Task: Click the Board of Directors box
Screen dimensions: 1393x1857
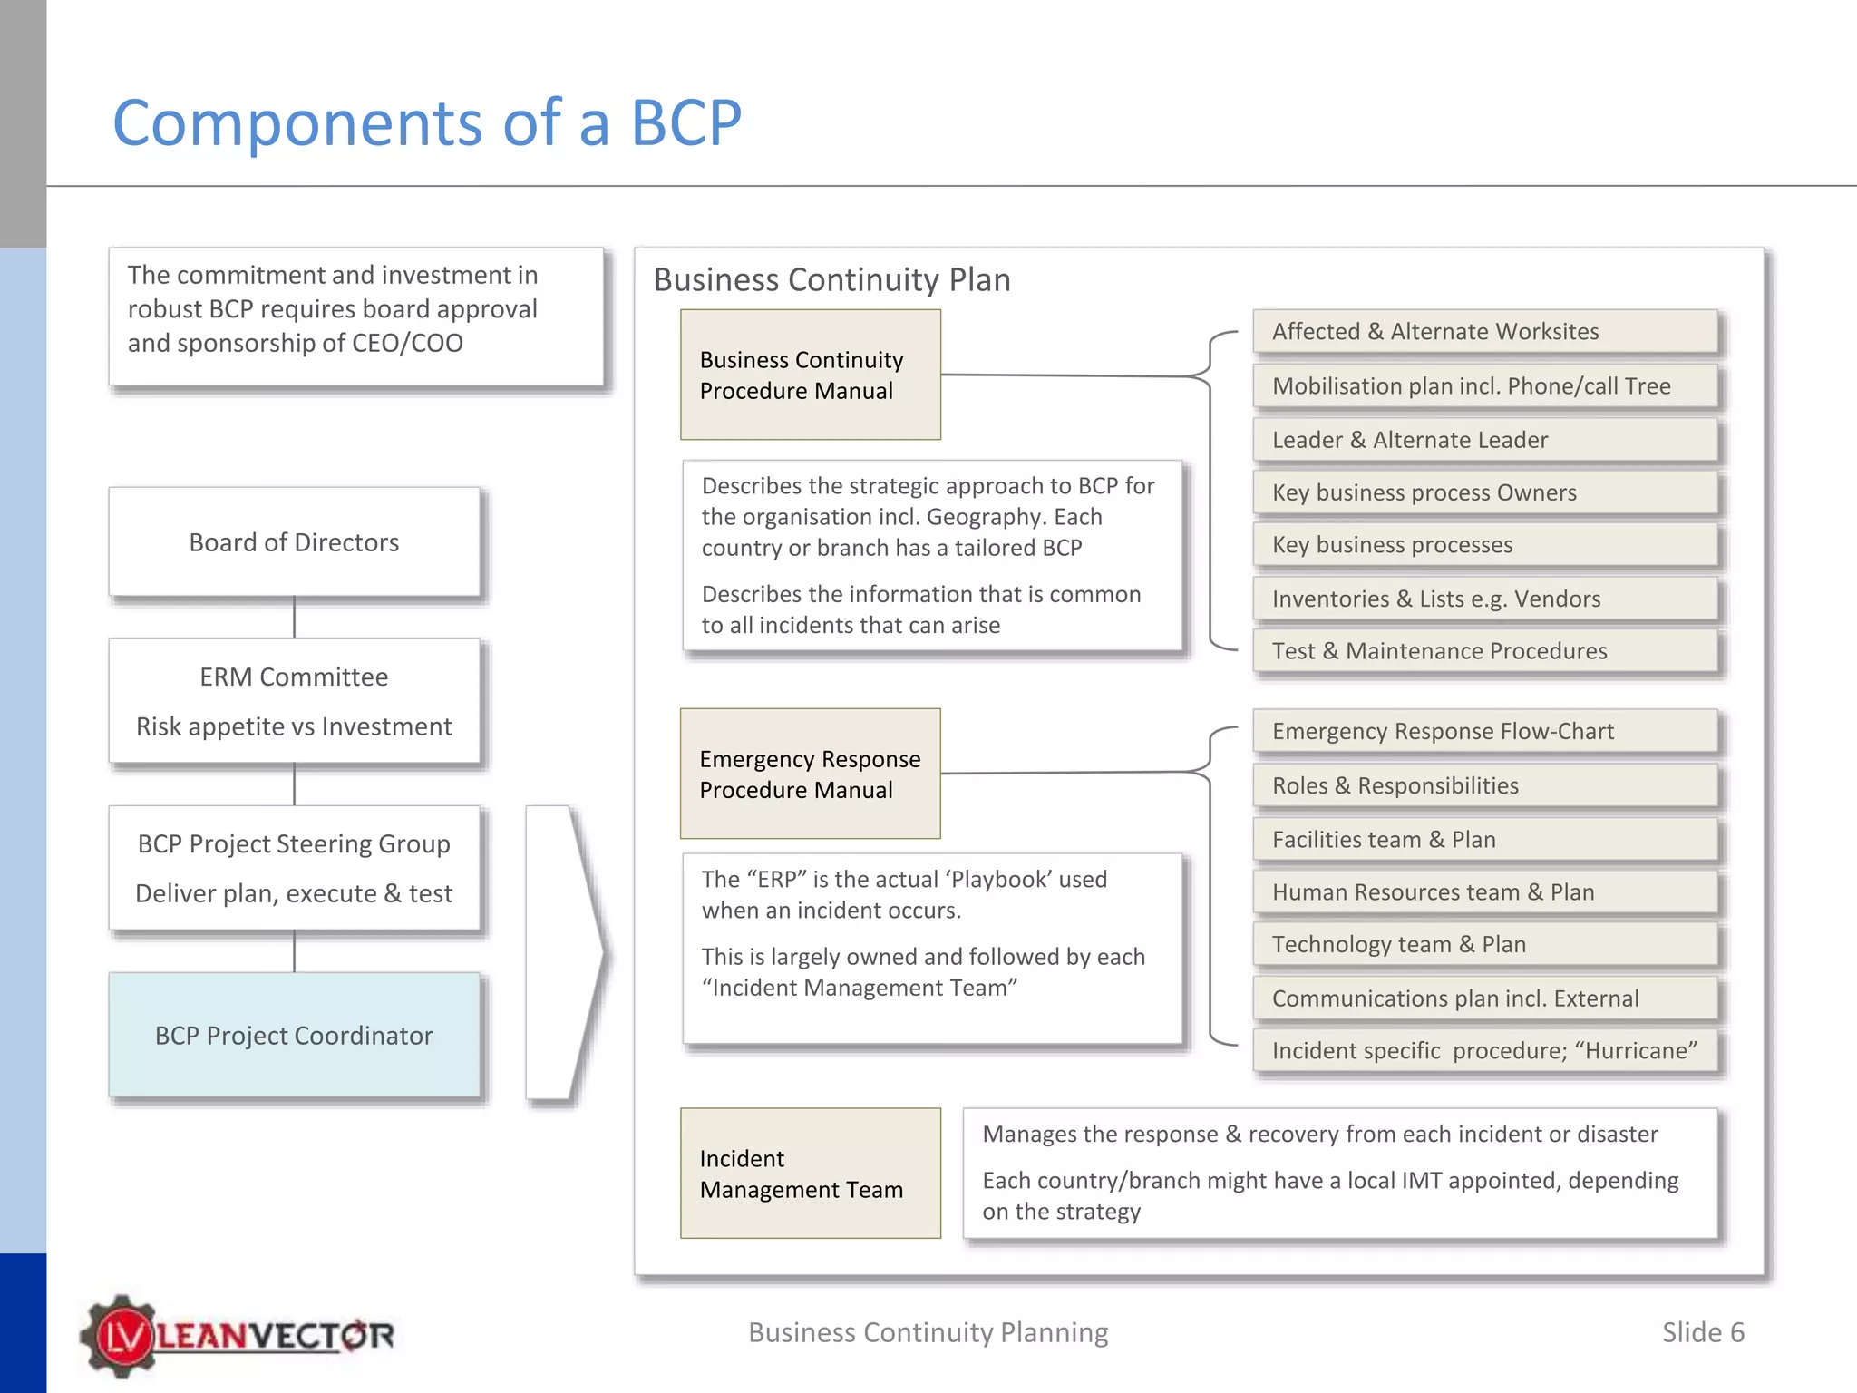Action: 294,542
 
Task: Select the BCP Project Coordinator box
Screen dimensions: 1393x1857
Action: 294,1035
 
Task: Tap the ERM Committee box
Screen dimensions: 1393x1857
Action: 294,701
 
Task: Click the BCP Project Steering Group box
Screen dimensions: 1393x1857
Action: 294,868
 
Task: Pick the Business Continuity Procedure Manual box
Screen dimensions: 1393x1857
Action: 810,375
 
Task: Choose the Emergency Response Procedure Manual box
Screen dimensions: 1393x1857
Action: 810,774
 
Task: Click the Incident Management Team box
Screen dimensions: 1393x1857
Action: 810,1173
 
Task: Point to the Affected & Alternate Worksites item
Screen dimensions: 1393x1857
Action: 1484,332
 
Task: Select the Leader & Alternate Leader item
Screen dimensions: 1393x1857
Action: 1484,440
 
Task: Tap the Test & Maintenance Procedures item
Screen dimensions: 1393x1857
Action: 1484,651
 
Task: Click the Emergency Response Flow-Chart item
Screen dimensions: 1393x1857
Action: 1484,732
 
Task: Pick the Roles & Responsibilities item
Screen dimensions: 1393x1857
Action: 1484,785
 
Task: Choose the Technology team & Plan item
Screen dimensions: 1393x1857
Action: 1484,945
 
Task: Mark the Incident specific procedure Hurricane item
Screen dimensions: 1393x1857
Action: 1484,1051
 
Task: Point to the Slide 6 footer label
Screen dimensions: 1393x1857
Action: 1702,1332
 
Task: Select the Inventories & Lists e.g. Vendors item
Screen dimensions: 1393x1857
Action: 1484,599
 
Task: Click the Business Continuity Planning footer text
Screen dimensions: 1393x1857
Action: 928,1332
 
